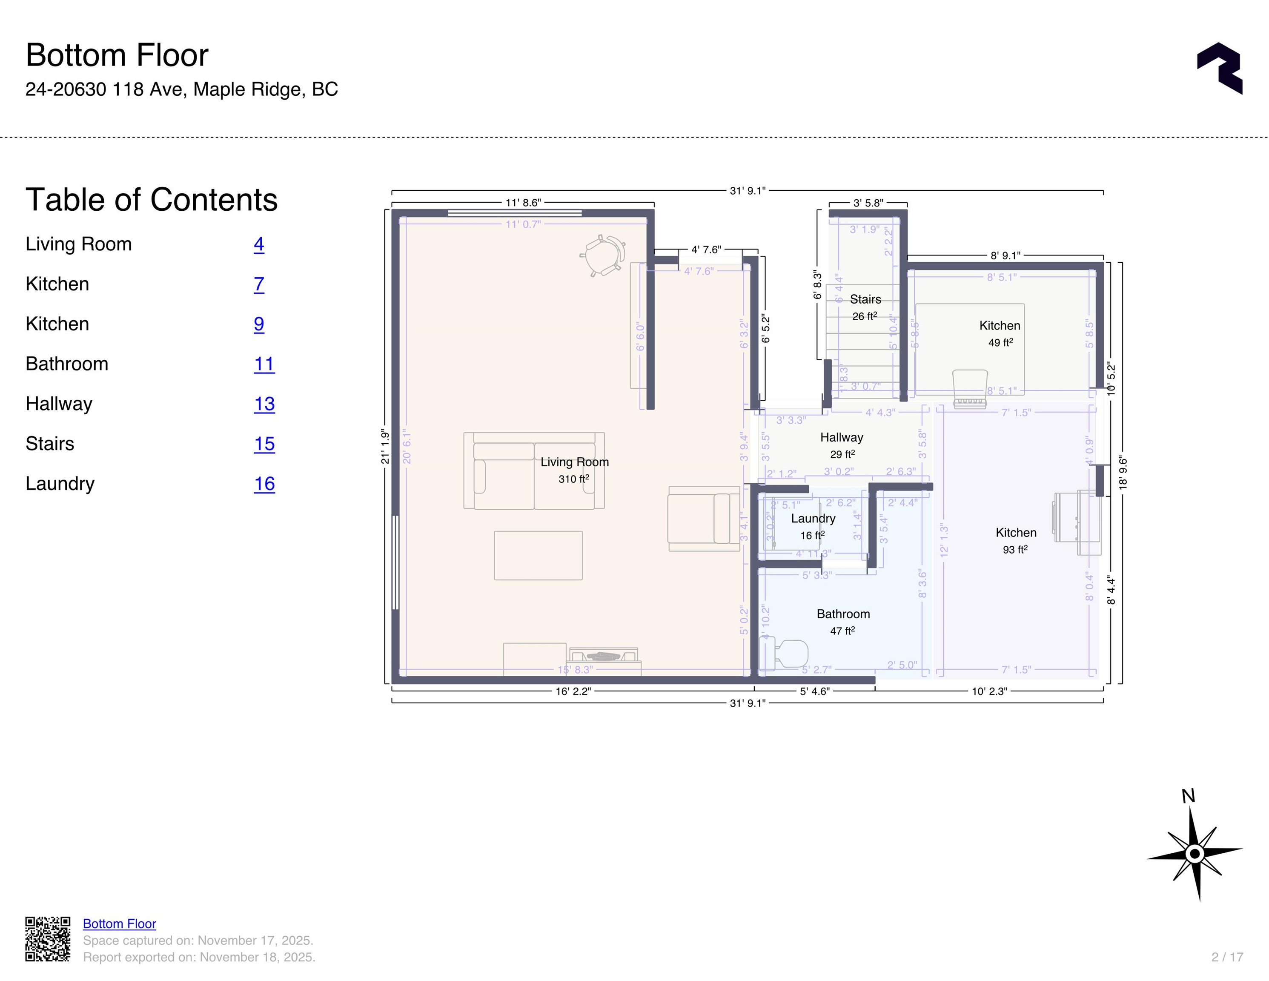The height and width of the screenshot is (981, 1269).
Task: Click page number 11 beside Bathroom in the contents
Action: (x=264, y=364)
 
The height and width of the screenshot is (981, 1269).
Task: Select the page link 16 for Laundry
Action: (x=264, y=484)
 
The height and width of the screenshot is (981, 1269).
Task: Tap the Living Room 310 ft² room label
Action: (x=574, y=470)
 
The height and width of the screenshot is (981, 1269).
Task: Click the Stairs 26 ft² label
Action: (x=865, y=307)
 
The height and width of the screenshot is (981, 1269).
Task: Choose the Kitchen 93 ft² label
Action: (x=1015, y=540)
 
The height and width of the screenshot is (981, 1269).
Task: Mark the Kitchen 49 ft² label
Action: (x=1000, y=333)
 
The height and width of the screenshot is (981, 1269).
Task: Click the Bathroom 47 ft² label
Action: (x=842, y=621)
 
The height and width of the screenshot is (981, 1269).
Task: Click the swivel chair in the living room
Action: (x=603, y=256)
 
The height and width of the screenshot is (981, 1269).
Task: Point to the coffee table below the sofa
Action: (x=538, y=555)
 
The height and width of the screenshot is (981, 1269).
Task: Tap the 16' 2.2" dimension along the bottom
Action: (x=573, y=691)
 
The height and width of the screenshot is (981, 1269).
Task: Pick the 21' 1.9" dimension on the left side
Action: (x=385, y=446)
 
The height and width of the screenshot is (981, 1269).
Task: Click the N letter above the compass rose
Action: (x=1188, y=796)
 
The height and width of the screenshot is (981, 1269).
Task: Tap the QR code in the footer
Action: (x=48, y=939)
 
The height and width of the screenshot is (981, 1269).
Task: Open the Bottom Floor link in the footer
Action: (x=119, y=924)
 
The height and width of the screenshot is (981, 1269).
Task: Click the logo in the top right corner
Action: (x=1220, y=68)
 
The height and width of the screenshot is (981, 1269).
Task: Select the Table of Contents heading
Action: (x=152, y=200)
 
